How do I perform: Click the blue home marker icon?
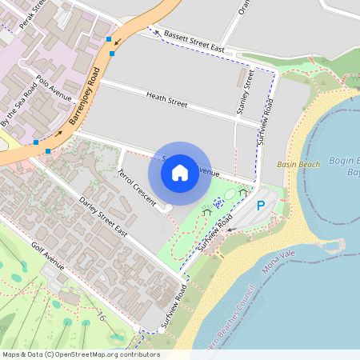coord(180,172)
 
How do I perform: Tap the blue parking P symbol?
coord(260,206)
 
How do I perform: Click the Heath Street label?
coord(166,100)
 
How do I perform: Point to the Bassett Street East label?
coord(193,42)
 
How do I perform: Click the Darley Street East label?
coord(103,217)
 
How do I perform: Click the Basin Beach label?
coord(298,164)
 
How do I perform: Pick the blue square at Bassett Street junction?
coord(109,38)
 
